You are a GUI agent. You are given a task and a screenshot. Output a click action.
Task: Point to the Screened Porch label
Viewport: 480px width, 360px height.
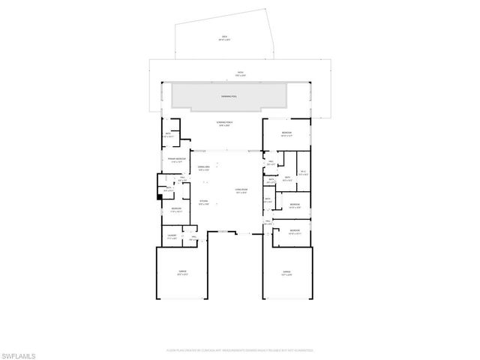point(223,124)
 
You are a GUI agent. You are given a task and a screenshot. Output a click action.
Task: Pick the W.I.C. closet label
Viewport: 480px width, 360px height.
point(302,173)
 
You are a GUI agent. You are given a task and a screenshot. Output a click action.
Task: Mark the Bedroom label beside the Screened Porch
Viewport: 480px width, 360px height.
point(286,133)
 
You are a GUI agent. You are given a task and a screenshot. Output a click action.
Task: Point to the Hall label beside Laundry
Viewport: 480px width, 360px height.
point(193,238)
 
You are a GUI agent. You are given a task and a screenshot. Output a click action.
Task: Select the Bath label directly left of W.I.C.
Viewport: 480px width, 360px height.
point(286,178)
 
